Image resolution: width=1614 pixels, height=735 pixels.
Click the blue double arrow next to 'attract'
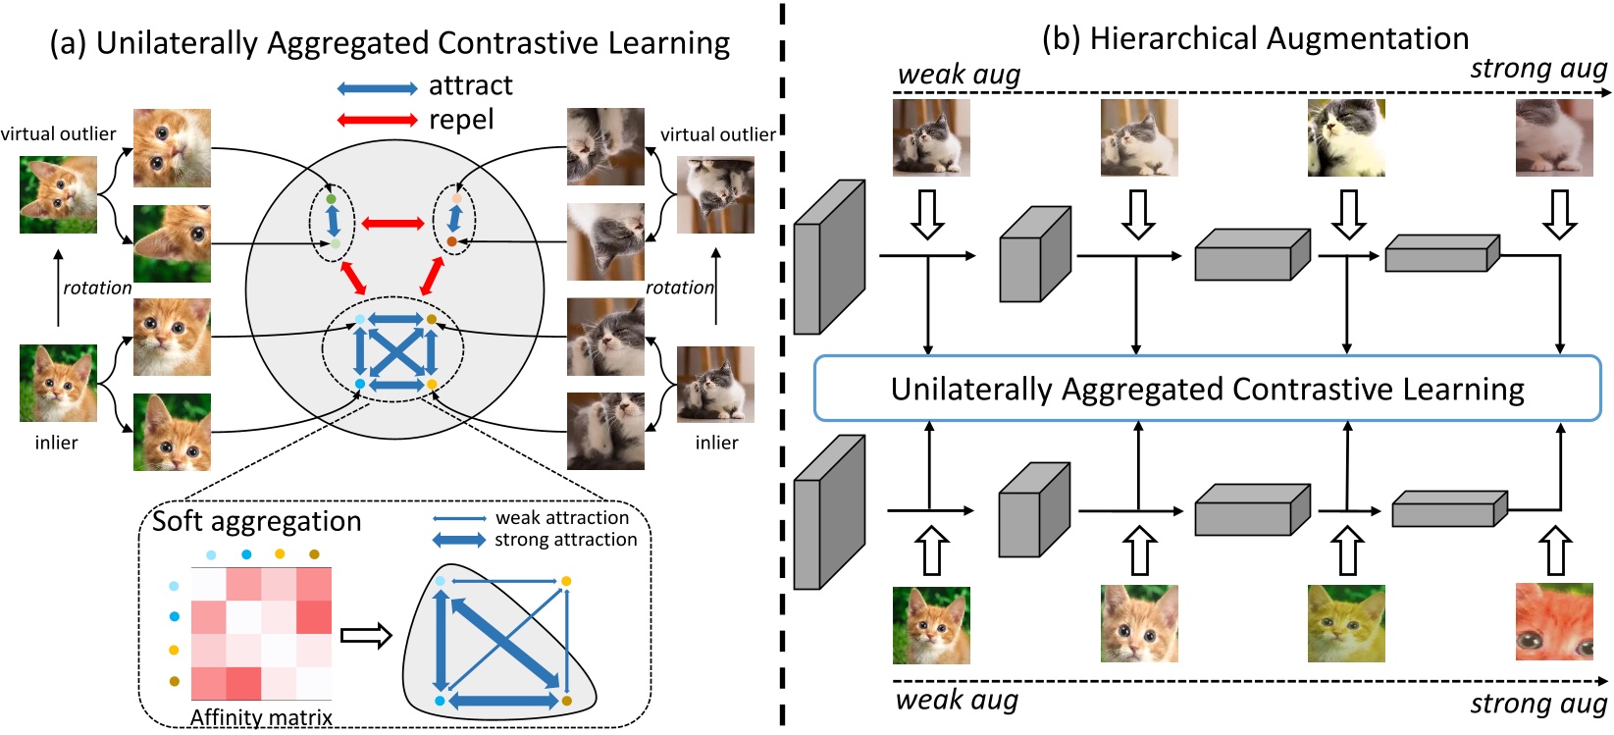click(377, 88)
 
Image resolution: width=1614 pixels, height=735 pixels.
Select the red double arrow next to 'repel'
click(377, 120)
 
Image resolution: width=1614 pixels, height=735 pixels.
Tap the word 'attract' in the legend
click(471, 85)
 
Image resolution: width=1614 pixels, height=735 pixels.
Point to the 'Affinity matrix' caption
click(262, 717)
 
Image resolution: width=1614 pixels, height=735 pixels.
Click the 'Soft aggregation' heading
click(256, 521)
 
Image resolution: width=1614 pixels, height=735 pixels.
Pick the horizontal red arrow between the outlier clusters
click(392, 224)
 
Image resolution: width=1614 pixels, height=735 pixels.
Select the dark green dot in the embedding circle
click(331, 198)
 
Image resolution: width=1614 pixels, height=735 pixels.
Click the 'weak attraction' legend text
click(562, 517)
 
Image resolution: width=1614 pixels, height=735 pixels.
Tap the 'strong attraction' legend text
click(565, 540)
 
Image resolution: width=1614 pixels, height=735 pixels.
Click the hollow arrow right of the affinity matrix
click(366, 636)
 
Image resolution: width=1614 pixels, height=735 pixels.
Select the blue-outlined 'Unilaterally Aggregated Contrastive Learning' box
click(1207, 388)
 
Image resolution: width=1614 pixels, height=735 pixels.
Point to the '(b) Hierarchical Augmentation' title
click(1255, 38)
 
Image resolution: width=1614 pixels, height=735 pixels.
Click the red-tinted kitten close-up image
click(1554, 622)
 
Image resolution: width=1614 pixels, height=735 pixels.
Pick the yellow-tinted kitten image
click(1346, 623)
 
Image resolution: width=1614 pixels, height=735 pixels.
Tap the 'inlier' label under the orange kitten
click(56, 443)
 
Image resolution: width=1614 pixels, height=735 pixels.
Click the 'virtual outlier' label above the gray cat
click(718, 134)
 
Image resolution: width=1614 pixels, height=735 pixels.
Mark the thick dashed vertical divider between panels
click(782, 364)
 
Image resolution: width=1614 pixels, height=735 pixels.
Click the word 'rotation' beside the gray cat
click(680, 288)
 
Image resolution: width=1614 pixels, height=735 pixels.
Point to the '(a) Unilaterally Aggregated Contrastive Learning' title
click(390, 42)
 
